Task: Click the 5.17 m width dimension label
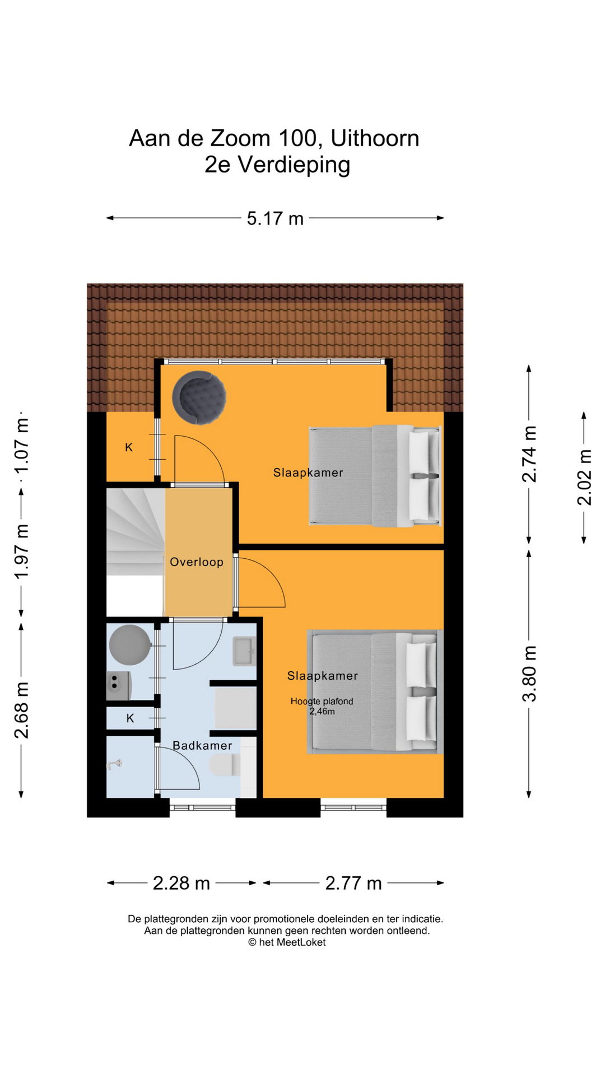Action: pyautogui.click(x=275, y=218)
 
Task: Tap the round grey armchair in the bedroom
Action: pyautogui.click(x=199, y=398)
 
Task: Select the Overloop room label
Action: pyautogui.click(x=197, y=562)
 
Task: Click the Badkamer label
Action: pyautogui.click(x=202, y=746)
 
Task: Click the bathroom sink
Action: pyautogui.click(x=244, y=651)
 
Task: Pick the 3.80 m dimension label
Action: pyautogui.click(x=529, y=673)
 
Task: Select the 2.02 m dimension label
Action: pyautogui.click(x=584, y=477)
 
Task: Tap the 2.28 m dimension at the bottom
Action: pyautogui.click(x=182, y=884)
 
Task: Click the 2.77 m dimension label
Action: pyautogui.click(x=353, y=884)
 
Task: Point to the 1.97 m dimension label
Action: pyautogui.click(x=21, y=552)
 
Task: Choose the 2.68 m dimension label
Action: pyautogui.click(x=21, y=711)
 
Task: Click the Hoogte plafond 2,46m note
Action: pyautogui.click(x=322, y=707)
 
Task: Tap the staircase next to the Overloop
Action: pyautogui.click(x=136, y=532)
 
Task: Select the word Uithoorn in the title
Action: pyautogui.click(x=375, y=138)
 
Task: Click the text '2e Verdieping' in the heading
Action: pyautogui.click(x=277, y=165)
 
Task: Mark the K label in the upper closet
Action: pyautogui.click(x=129, y=447)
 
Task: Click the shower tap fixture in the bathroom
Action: pyautogui.click(x=115, y=764)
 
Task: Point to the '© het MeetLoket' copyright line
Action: pyautogui.click(x=287, y=943)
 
